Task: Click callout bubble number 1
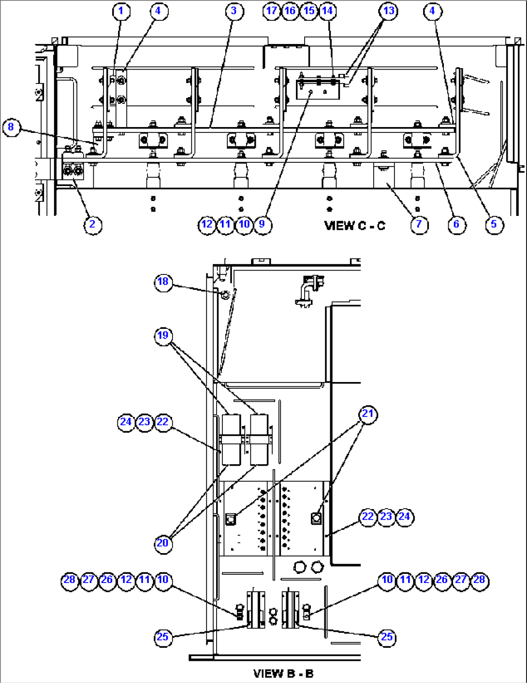121,11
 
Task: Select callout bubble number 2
92,225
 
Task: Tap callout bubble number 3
234,11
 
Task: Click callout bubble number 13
389,11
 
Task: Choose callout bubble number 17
272,11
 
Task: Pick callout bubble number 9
262,225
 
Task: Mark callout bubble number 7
419,225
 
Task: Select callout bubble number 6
456,225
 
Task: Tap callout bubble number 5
494,225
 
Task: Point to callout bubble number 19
163,336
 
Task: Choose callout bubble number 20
163,543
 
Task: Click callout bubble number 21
368,414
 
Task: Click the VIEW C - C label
355,226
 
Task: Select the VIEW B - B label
283,673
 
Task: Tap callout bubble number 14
328,11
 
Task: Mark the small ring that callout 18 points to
225,295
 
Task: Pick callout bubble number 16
290,11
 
